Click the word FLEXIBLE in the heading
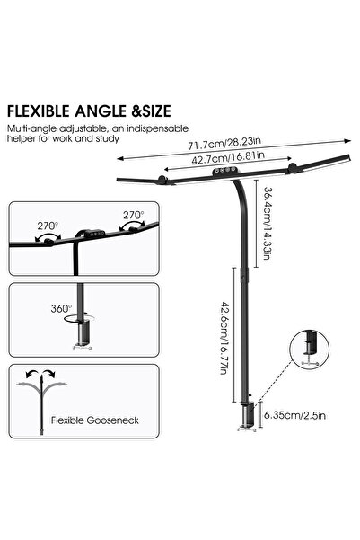(x=39, y=111)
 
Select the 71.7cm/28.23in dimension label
(x=224, y=143)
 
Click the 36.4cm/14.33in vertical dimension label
(x=268, y=223)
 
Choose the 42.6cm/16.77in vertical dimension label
(x=224, y=338)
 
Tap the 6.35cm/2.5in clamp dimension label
(x=294, y=415)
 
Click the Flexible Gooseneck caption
(x=94, y=420)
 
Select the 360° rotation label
(x=61, y=308)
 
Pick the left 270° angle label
(x=48, y=226)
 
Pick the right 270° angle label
(x=134, y=216)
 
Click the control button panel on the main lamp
(x=224, y=171)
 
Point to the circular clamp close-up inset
(x=310, y=350)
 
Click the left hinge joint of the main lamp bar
(x=162, y=179)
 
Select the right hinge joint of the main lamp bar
(x=293, y=168)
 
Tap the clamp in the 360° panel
(x=83, y=334)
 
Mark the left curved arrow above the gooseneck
(x=33, y=375)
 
